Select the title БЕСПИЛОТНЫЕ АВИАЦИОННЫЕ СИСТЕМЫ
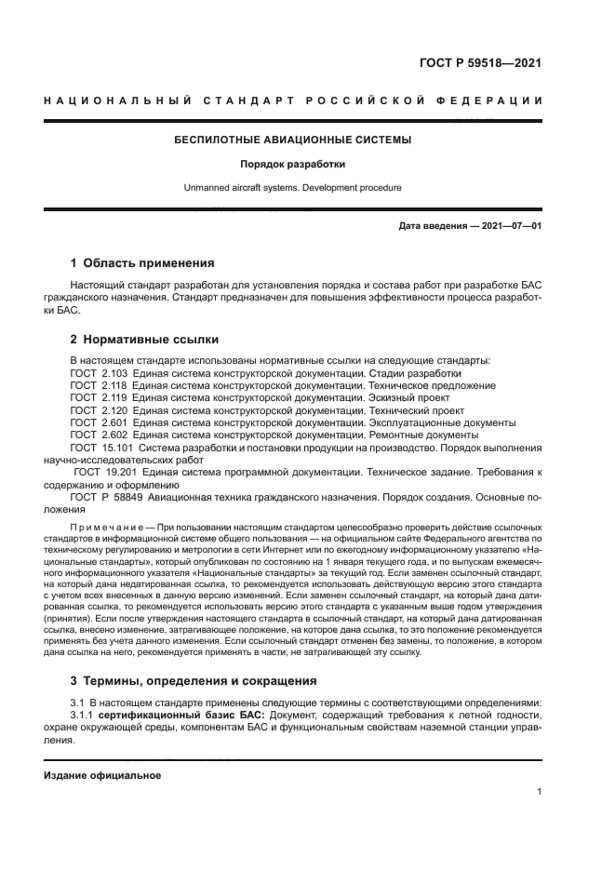[x=293, y=141]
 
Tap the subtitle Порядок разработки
[x=293, y=165]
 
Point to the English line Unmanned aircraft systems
[x=293, y=187]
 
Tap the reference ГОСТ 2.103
[x=97, y=372]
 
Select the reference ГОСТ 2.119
[x=97, y=397]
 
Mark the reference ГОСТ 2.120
[x=97, y=409]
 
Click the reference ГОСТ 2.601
[x=97, y=422]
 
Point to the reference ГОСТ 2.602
[x=97, y=434]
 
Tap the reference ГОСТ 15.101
[x=100, y=447]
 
